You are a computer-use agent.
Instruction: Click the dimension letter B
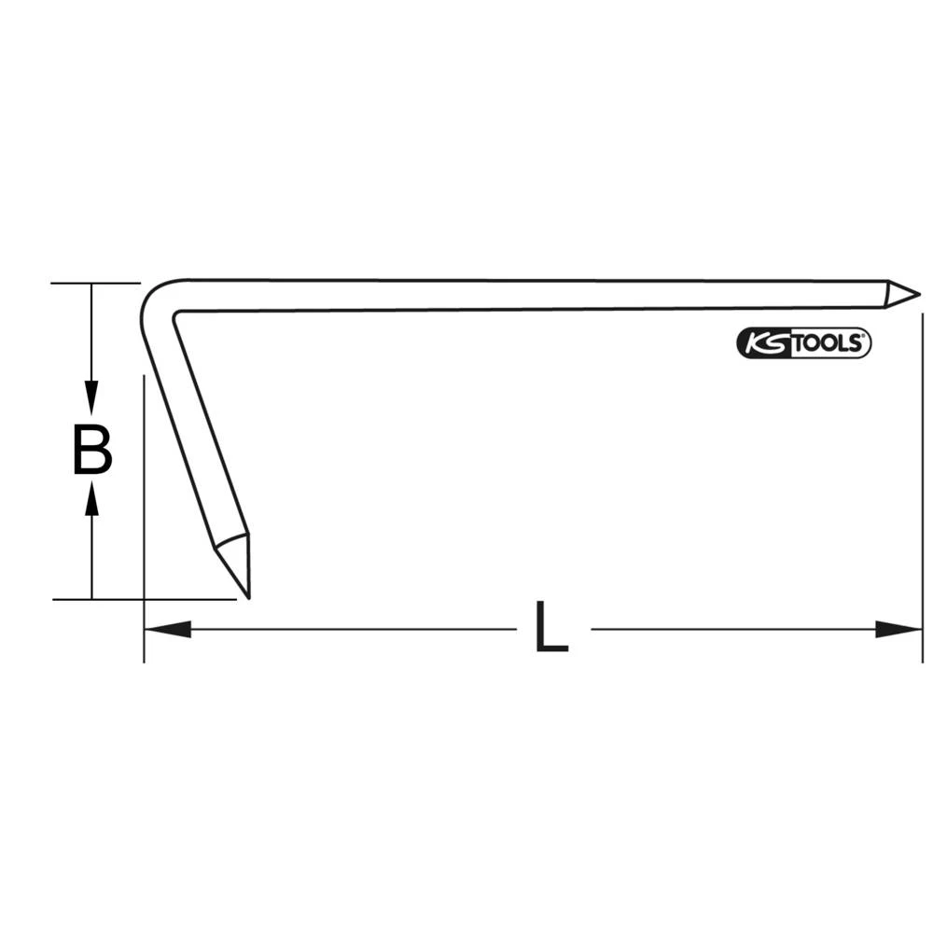(92, 450)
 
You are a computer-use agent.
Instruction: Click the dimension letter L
(551, 627)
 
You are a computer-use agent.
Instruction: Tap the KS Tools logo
(804, 343)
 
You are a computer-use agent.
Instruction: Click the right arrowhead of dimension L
(899, 629)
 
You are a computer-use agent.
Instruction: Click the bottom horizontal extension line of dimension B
(140, 599)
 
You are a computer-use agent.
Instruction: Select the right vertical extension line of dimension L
(922, 485)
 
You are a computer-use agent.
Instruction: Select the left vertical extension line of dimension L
(144, 522)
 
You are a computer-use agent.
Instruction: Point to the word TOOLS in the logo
(829, 343)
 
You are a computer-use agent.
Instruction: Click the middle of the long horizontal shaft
(532, 294)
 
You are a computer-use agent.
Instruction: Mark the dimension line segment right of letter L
(737, 629)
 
